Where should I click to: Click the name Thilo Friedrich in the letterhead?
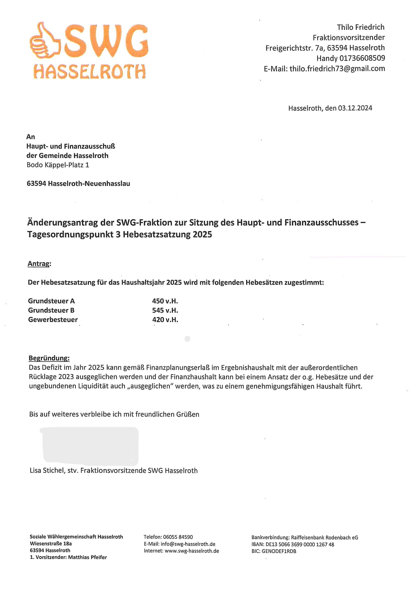click(361, 27)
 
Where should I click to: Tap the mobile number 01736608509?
click(362, 58)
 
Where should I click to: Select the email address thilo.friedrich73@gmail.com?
click(337, 69)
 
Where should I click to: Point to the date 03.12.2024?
click(355, 108)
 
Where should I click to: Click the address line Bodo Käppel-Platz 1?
click(58, 165)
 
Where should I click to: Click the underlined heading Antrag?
click(39, 264)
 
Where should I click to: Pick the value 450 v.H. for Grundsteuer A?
click(165, 301)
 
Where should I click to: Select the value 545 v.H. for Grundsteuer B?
click(165, 311)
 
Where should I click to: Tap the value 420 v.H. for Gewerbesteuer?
click(165, 320)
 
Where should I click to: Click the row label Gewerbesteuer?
click(53, 320)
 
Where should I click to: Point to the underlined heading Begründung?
click(49, 358)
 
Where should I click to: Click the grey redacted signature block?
click(90, 446)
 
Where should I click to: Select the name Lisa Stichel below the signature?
click(47, 471)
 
